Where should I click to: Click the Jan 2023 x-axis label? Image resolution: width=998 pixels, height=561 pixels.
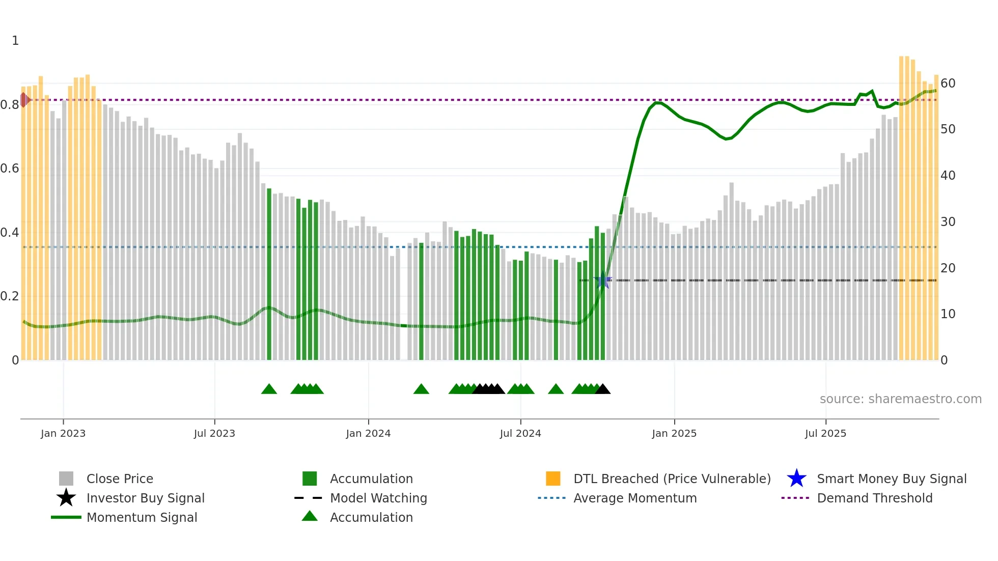click(x=63, y=434)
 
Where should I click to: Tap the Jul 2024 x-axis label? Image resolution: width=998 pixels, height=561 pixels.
click(x=520, y=434)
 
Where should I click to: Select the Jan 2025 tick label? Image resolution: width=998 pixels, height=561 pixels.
click(x=674, y=434)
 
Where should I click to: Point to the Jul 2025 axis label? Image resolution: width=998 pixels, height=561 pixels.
click(x=825, y=434)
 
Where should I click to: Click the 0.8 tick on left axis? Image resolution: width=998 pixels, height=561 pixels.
click(x=10, y=105)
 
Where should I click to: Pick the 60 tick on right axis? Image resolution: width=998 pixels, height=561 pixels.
click(x=948, y=83)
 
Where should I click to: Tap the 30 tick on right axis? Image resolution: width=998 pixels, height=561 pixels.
click(x=948, y=222)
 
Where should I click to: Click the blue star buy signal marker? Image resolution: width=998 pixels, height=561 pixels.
click(x=603, y=280)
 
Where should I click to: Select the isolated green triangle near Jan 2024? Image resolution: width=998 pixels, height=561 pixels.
click(x=421, y=389)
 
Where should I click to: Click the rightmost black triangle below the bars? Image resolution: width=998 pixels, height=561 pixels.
click(x=603, y=389)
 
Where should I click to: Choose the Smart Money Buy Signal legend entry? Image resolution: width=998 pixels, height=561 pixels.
click(x=891, y=479)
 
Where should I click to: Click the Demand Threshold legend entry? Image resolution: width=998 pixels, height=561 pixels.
click(x=874, y=498)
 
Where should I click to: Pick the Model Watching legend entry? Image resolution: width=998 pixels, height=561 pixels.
click(x=378, y=498)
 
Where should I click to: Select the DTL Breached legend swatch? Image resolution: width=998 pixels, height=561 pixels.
click(x=553, y=479)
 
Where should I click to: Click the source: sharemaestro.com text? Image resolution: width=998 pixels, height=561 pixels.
click(x=900, y=399)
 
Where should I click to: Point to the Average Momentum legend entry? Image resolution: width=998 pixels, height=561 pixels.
click(x=634, y=498)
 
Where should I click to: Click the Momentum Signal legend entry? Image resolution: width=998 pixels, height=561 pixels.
click(x=142, y=518)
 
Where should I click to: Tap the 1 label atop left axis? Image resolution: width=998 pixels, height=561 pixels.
click(x=15, y=41)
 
